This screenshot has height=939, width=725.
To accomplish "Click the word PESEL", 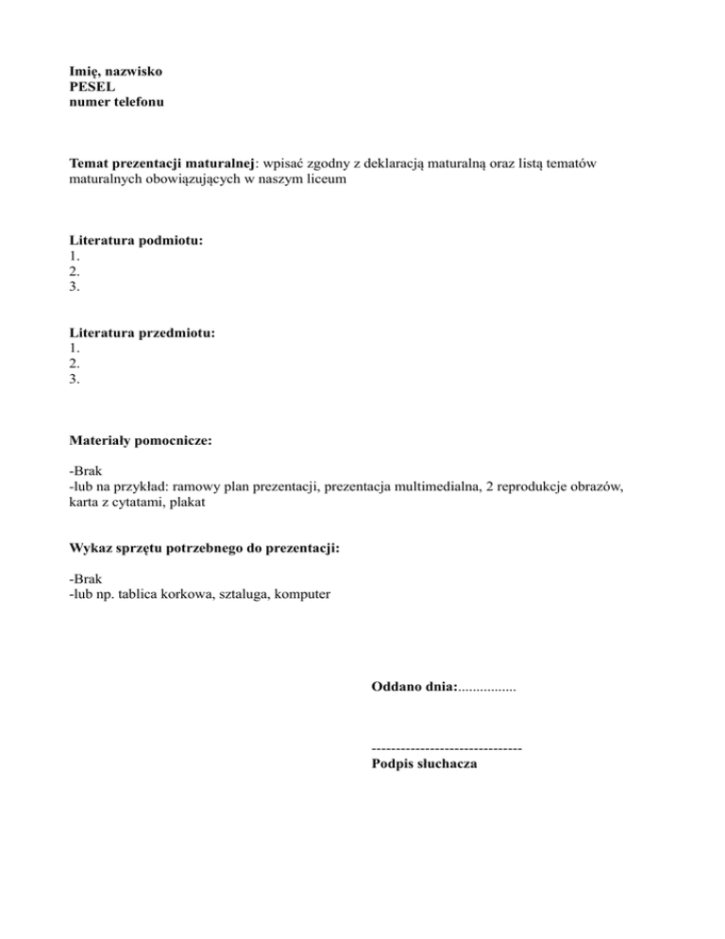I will pos(92,86).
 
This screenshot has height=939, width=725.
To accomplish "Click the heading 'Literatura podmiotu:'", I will pos(137,241).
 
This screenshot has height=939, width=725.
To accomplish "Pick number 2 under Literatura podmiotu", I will pos(75,271).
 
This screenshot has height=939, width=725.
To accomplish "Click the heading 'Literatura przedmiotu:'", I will pos(143,333).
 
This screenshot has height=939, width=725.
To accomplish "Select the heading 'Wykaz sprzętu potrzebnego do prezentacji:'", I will pos(204,548).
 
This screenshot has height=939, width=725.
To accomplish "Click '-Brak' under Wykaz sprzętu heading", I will pos(86,578).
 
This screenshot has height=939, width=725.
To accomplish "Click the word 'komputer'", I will pos(302,594).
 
